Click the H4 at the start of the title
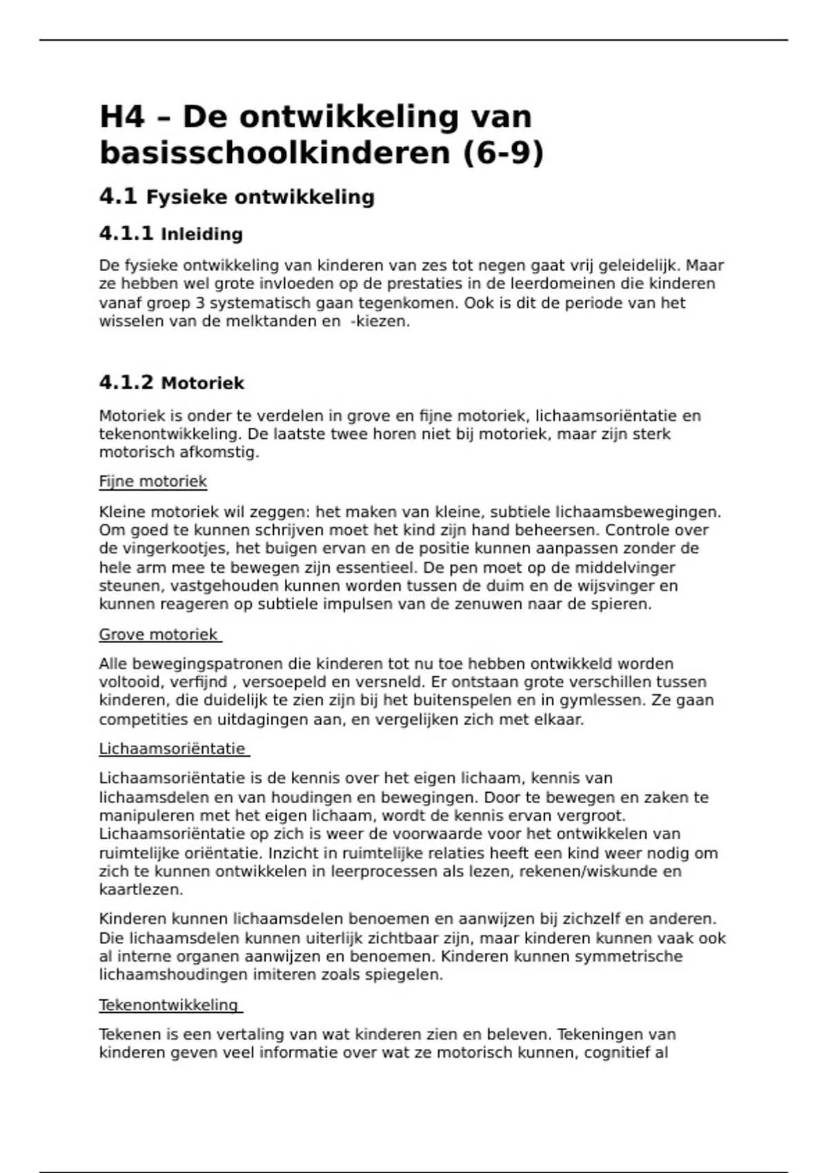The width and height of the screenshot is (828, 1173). (122, 117)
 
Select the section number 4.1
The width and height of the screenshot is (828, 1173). (118, 197)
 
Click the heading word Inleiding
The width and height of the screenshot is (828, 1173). (201, 235)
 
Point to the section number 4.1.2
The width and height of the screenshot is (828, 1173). (126, 383)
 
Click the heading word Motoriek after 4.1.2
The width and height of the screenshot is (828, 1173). (202, 384)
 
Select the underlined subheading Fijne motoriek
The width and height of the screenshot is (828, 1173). (152, 482)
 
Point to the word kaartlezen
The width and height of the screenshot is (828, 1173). (141, 890)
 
